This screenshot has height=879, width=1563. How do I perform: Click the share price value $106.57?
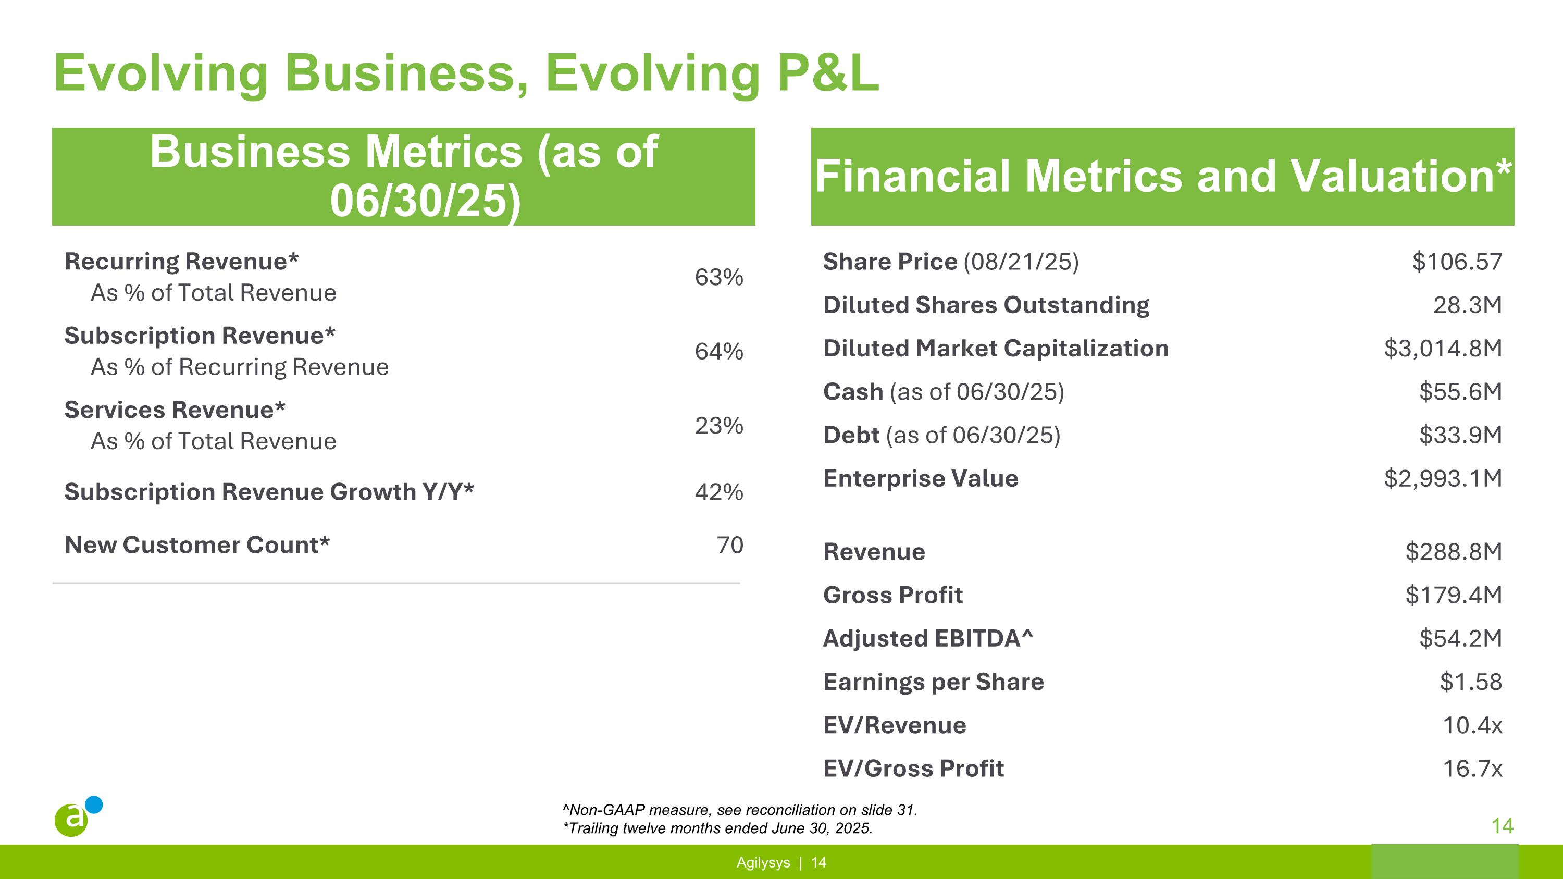pos(1456,262)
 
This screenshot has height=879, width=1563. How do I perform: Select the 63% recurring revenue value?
pos(718,277)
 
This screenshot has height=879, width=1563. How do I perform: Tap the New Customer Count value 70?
pos(729,544)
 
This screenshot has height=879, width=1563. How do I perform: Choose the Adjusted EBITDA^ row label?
pos(927,638)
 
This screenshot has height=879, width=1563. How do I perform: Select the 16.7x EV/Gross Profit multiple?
pos(1472,769)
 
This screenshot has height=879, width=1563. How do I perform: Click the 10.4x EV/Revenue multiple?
pos(1472,725)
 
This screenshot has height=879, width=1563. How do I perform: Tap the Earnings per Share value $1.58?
pos(1470,682)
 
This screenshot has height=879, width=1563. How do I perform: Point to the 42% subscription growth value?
pos(718,492)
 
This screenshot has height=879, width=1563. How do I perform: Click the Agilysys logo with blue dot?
pos(78,816)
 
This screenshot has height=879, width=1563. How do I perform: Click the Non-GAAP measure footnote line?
pos(740,810)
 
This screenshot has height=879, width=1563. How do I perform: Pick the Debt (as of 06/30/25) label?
pos(941,436)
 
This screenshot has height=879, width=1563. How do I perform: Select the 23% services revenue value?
pos(718,426)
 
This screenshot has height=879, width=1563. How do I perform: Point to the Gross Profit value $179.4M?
pos(1453,595)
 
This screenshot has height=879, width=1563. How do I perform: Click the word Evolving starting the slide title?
pos(161,73)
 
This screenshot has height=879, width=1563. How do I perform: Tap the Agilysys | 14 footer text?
pos(781,863)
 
